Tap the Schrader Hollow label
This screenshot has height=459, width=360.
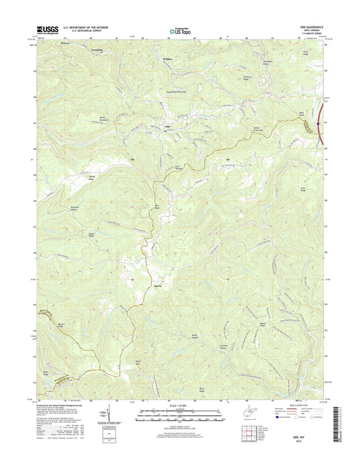point(243,346)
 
